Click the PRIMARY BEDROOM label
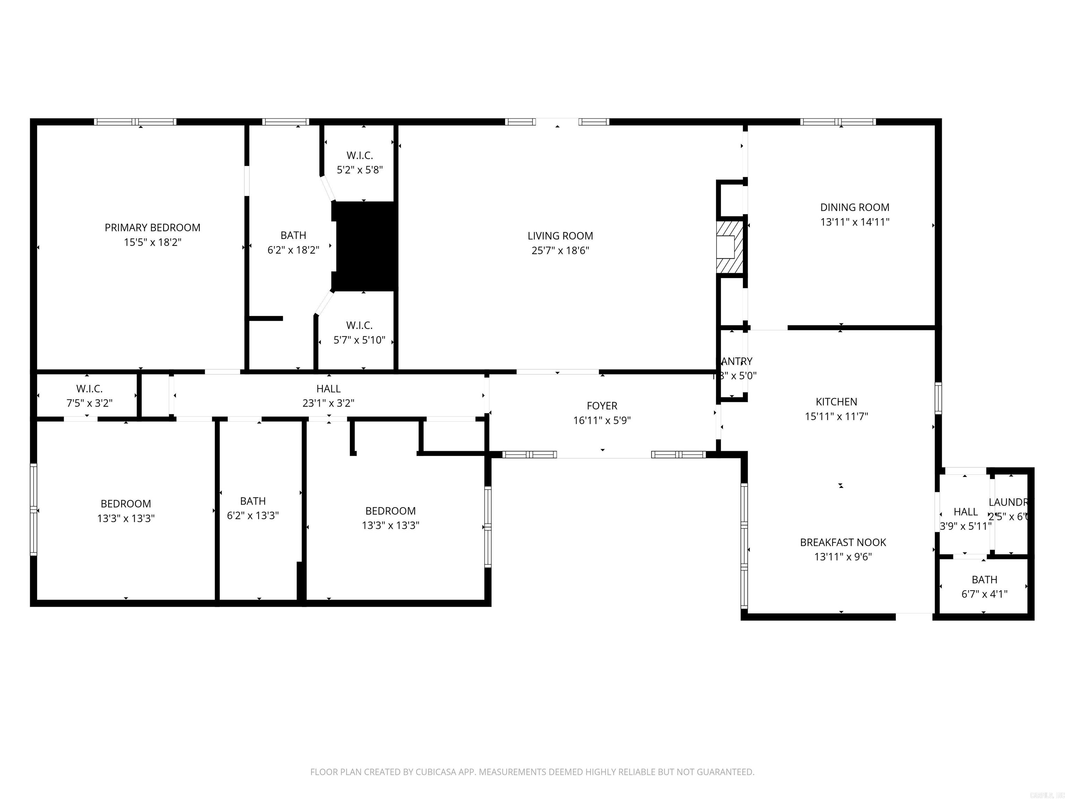pyautogui.click(x=152, y=227)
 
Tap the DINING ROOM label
pyautogui.click(x=855, y=207)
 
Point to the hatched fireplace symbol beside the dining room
pyautogui.click(x=729, y=247)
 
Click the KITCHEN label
pyautogui.click(x=836, y=402)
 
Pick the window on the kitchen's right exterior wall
pyautogui.click(x=938, y=398)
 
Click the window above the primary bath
pyautogui.click(x=286, y=121)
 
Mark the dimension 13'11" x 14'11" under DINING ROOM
pyautogui.click(x=855, y=222)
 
